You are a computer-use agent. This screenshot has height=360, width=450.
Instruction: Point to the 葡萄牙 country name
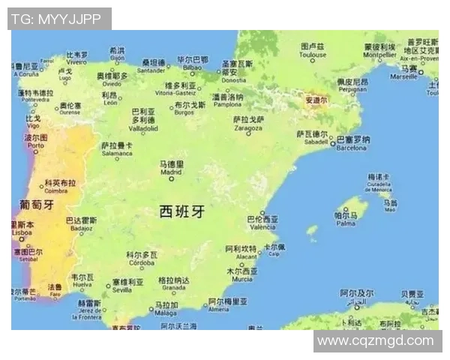(x=36, y=204)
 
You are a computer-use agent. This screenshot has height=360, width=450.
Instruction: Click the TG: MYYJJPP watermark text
(x=58, y=19)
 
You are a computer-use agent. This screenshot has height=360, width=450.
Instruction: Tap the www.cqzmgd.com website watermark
(x=376, y=340)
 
